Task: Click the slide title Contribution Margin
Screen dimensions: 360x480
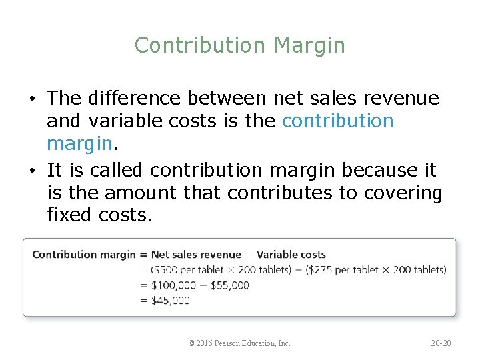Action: (x=240, y=45)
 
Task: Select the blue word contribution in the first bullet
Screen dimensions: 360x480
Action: (x=338, y=121)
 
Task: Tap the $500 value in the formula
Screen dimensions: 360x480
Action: (x=167, y=269)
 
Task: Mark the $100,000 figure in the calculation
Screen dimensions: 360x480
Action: (x=174, y=285)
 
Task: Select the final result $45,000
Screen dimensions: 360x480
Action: (x=170, y=300)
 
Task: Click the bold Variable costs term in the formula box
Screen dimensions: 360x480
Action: (x=291, y=254)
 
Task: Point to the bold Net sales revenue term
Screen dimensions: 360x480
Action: (x=196, y=254)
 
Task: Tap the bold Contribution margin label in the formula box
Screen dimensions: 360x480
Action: (x=83, y=254)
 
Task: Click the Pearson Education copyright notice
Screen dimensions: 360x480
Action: (x=239, y=343)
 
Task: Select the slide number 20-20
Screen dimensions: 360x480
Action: (x=441, y=343)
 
